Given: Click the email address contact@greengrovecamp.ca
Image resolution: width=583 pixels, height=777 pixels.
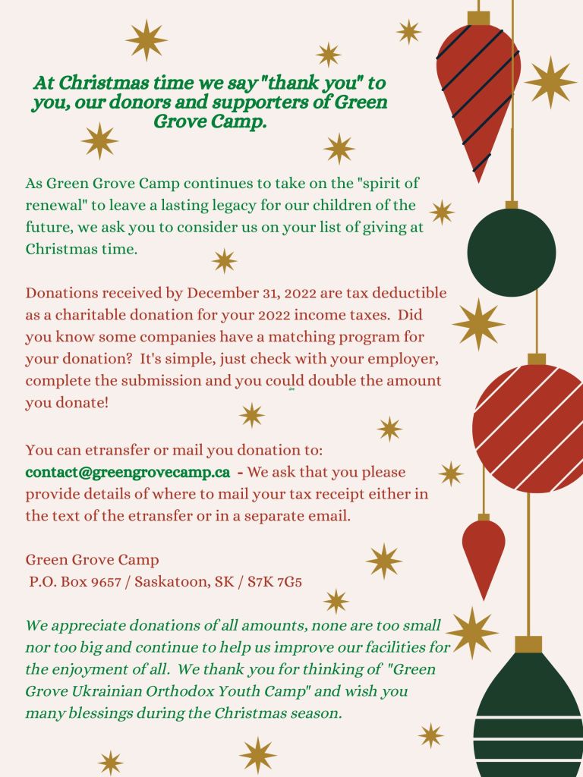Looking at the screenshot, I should pyautogui.click(x=128, y=472).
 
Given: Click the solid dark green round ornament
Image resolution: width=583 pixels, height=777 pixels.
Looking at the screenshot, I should pyautogui.click(x=511, y=253).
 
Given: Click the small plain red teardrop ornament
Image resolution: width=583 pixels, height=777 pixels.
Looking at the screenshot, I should pyautogui.click(x=484, y=554).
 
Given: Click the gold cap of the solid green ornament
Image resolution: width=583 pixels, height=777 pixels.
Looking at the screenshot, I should pyautogui.click(x=512, y=205).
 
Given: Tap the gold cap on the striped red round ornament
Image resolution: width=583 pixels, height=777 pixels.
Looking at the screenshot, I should pyautogui.click(x=537, y=359).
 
